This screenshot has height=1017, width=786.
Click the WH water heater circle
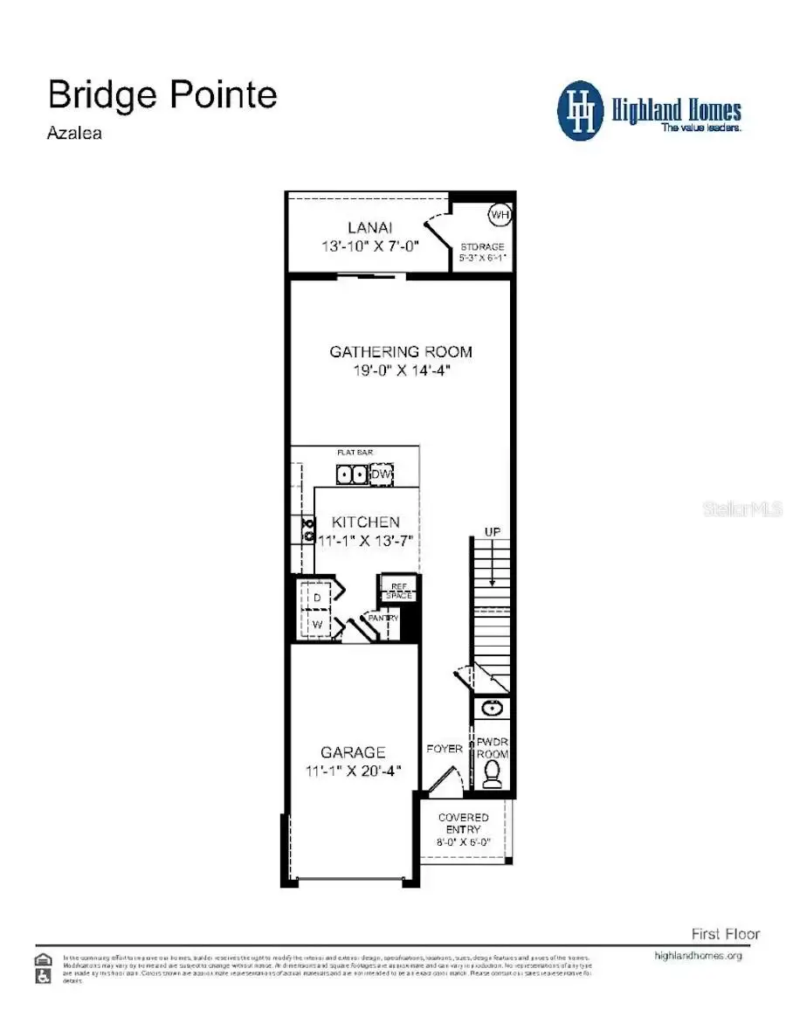pos(499,215)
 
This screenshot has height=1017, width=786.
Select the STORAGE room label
pos(482,247)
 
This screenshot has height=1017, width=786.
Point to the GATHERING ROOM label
pos(401,352)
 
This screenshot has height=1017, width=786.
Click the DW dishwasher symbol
pos(382,474)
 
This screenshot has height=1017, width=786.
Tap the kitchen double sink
pos(352,474)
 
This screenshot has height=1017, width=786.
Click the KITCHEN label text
pos(366,522)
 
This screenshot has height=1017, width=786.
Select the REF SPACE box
pos(396,590)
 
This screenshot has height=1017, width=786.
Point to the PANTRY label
pos(383,618)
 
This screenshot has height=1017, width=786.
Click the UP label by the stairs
pos(493,531)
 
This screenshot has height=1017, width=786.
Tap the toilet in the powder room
pos(493,773)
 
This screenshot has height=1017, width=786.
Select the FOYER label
pos(445,749)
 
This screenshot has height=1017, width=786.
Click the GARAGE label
pos(353,752)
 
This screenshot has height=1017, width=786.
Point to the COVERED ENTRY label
pos(464,823)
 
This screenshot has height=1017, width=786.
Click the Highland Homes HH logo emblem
pos(581,111)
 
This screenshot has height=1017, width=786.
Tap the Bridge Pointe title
pos(162,94)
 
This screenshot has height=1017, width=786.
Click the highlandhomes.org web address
pos(698,956)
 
